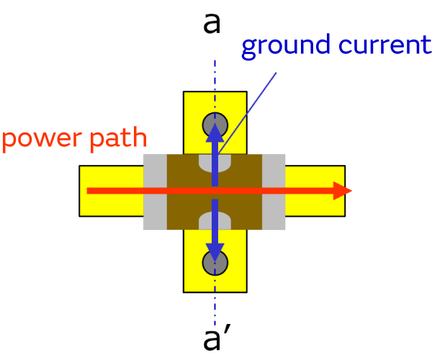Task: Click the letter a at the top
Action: coord(212,23)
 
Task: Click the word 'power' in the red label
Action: coord(41,140)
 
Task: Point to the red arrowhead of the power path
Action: coord(341,191)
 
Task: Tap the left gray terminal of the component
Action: coord(155,192)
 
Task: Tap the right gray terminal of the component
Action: coord(273,192)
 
